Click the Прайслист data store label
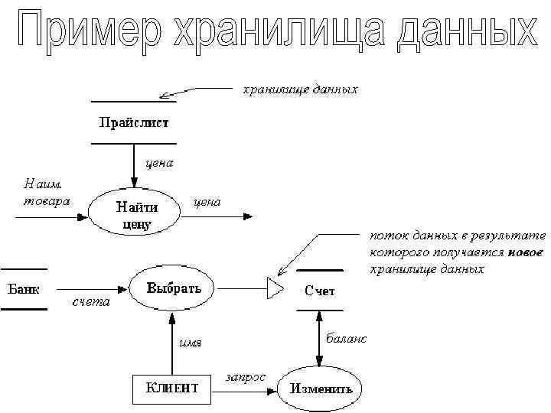pos(133,122)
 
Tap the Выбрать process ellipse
pos(174,288)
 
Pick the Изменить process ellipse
pos(321,387)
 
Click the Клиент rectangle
pos(172,387)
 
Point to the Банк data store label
pos(24,289)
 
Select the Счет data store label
pos(319,291)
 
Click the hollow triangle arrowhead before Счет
pos(274,288)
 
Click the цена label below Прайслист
pos(159,162)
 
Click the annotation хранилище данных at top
pos(300,89)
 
